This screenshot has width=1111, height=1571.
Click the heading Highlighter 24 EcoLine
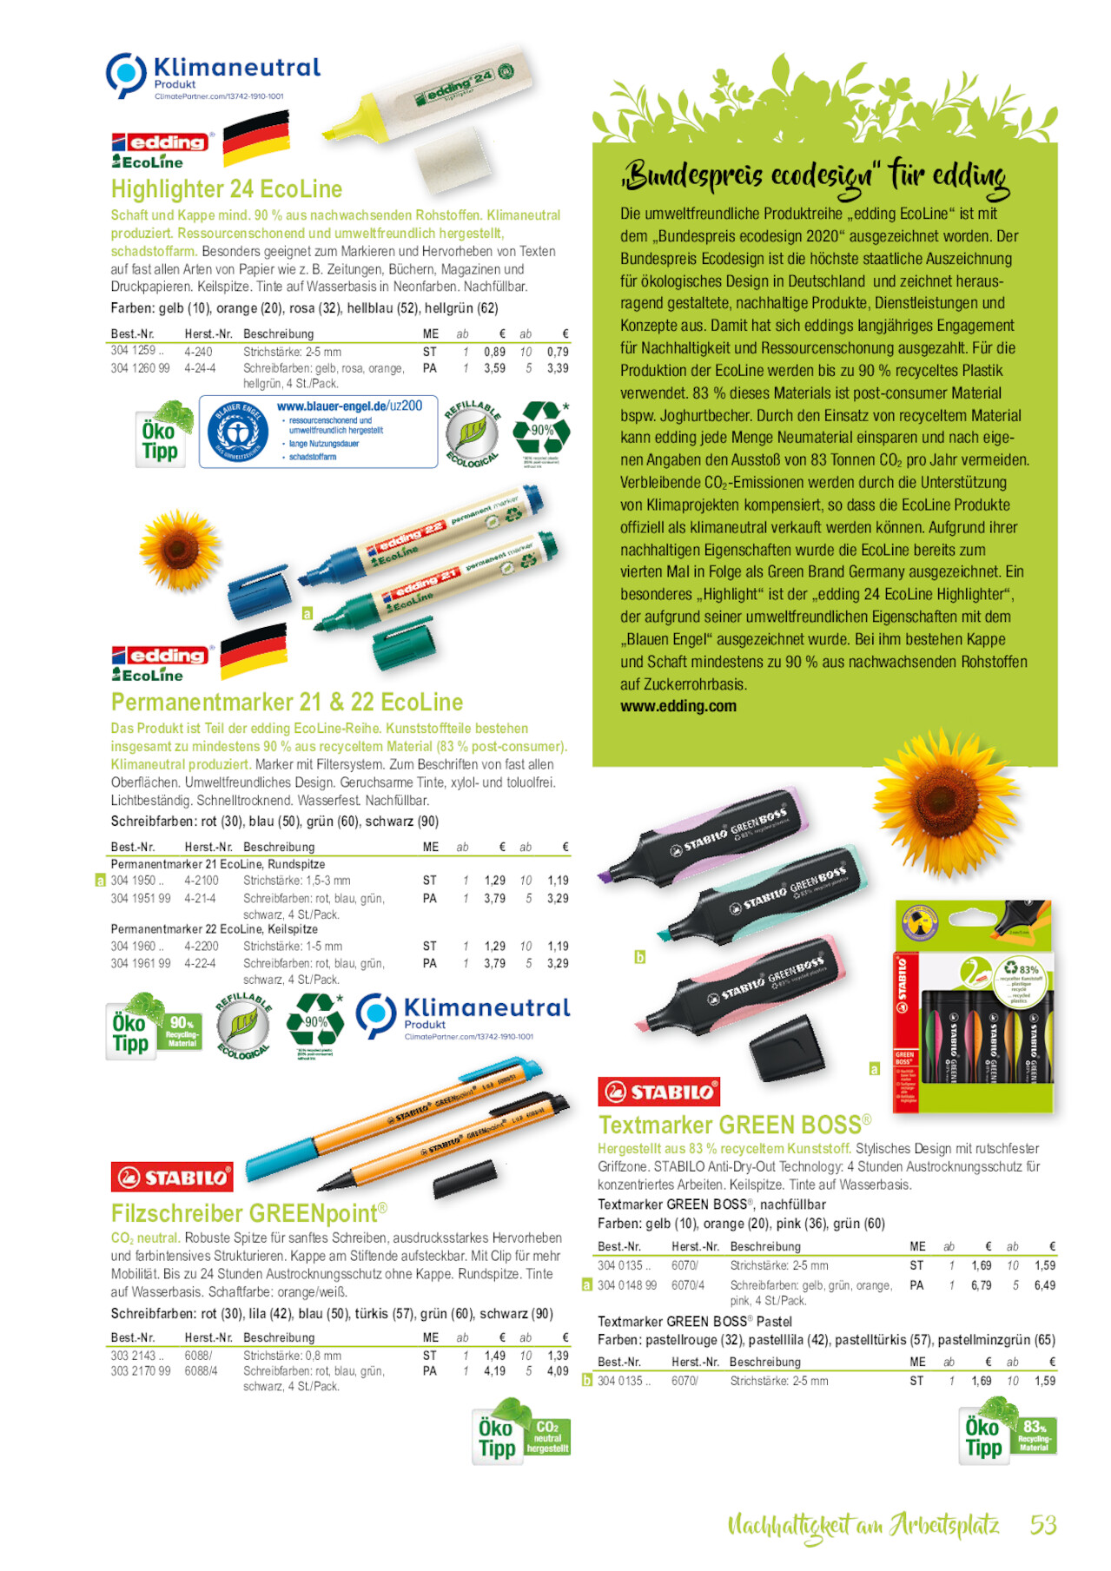pos(226,189)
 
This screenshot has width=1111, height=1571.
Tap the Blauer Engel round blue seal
pos(238,432)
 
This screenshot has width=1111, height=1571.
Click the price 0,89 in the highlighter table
pos(494,352)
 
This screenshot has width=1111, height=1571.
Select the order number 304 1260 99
pos(140,368)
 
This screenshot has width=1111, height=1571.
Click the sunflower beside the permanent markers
pos(180,550)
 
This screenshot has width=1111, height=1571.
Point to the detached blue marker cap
pos(258,593)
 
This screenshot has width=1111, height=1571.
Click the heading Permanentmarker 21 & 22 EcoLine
pos(287,702)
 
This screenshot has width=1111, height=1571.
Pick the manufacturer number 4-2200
pos(202,946)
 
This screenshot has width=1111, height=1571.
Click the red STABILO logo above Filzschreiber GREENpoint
pos(172,1177)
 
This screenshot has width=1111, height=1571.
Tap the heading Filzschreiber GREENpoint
pos(248,1213)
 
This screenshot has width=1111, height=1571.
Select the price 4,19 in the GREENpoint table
pos(494,1371)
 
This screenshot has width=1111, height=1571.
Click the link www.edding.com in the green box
pos(678,706)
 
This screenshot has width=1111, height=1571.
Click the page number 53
pos(1042,1525)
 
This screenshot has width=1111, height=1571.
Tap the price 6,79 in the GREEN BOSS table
pos(981,1285)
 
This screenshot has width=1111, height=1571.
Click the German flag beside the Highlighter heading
pos(255,138)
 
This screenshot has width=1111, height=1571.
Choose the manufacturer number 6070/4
pos(688,1285)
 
